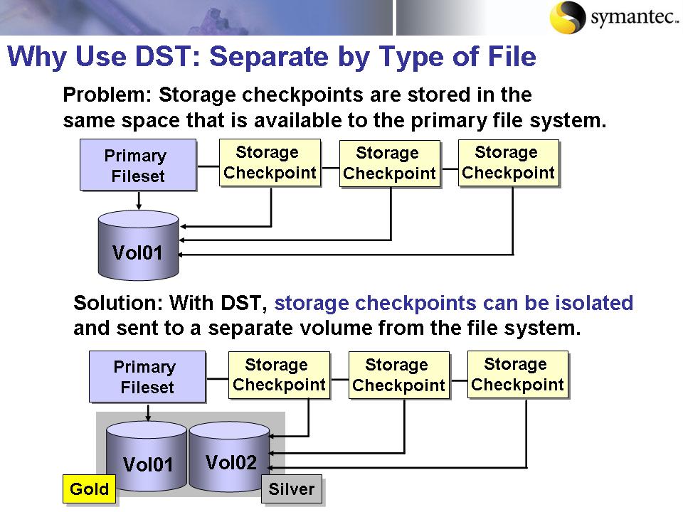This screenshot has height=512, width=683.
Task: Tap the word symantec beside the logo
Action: pyautogui.click(x=628, y=18)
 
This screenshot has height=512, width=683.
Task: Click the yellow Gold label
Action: pyautogui.click(x=90, y=489)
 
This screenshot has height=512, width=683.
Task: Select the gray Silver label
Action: pyautogui.click(x=292, y=489)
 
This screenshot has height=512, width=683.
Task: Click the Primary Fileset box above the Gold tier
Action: pyautogui.click(x=147, y=377)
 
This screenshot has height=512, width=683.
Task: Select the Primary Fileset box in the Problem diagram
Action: pyautogui.click(x=137, y=165)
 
